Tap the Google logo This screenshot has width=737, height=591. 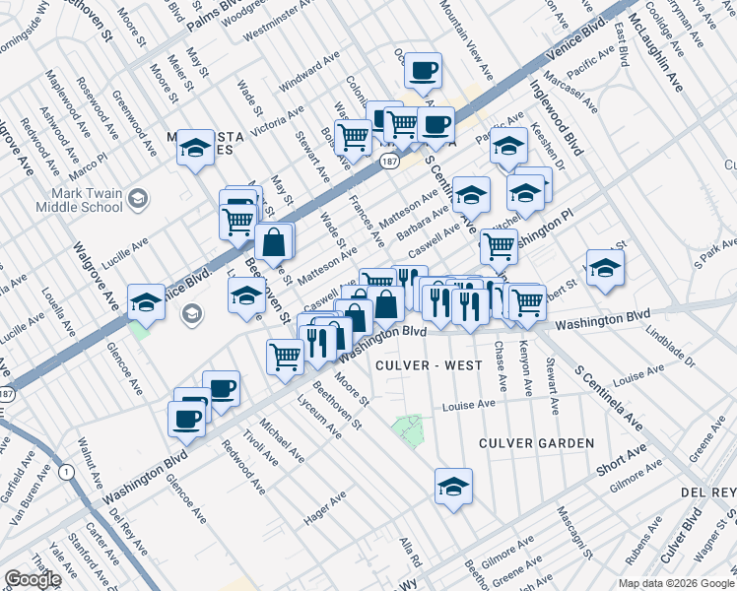coord(33,579)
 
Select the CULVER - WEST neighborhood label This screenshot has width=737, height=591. coord(430,365)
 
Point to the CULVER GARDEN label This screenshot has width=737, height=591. coord(536,443)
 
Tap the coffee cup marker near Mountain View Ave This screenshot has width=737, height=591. coord(423,71)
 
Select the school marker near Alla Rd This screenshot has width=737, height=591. coord(453,487)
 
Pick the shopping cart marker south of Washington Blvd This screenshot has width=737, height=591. coord(286,357)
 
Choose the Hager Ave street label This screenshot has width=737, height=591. coord(326,501)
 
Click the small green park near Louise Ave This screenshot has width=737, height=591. coord(406,428)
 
